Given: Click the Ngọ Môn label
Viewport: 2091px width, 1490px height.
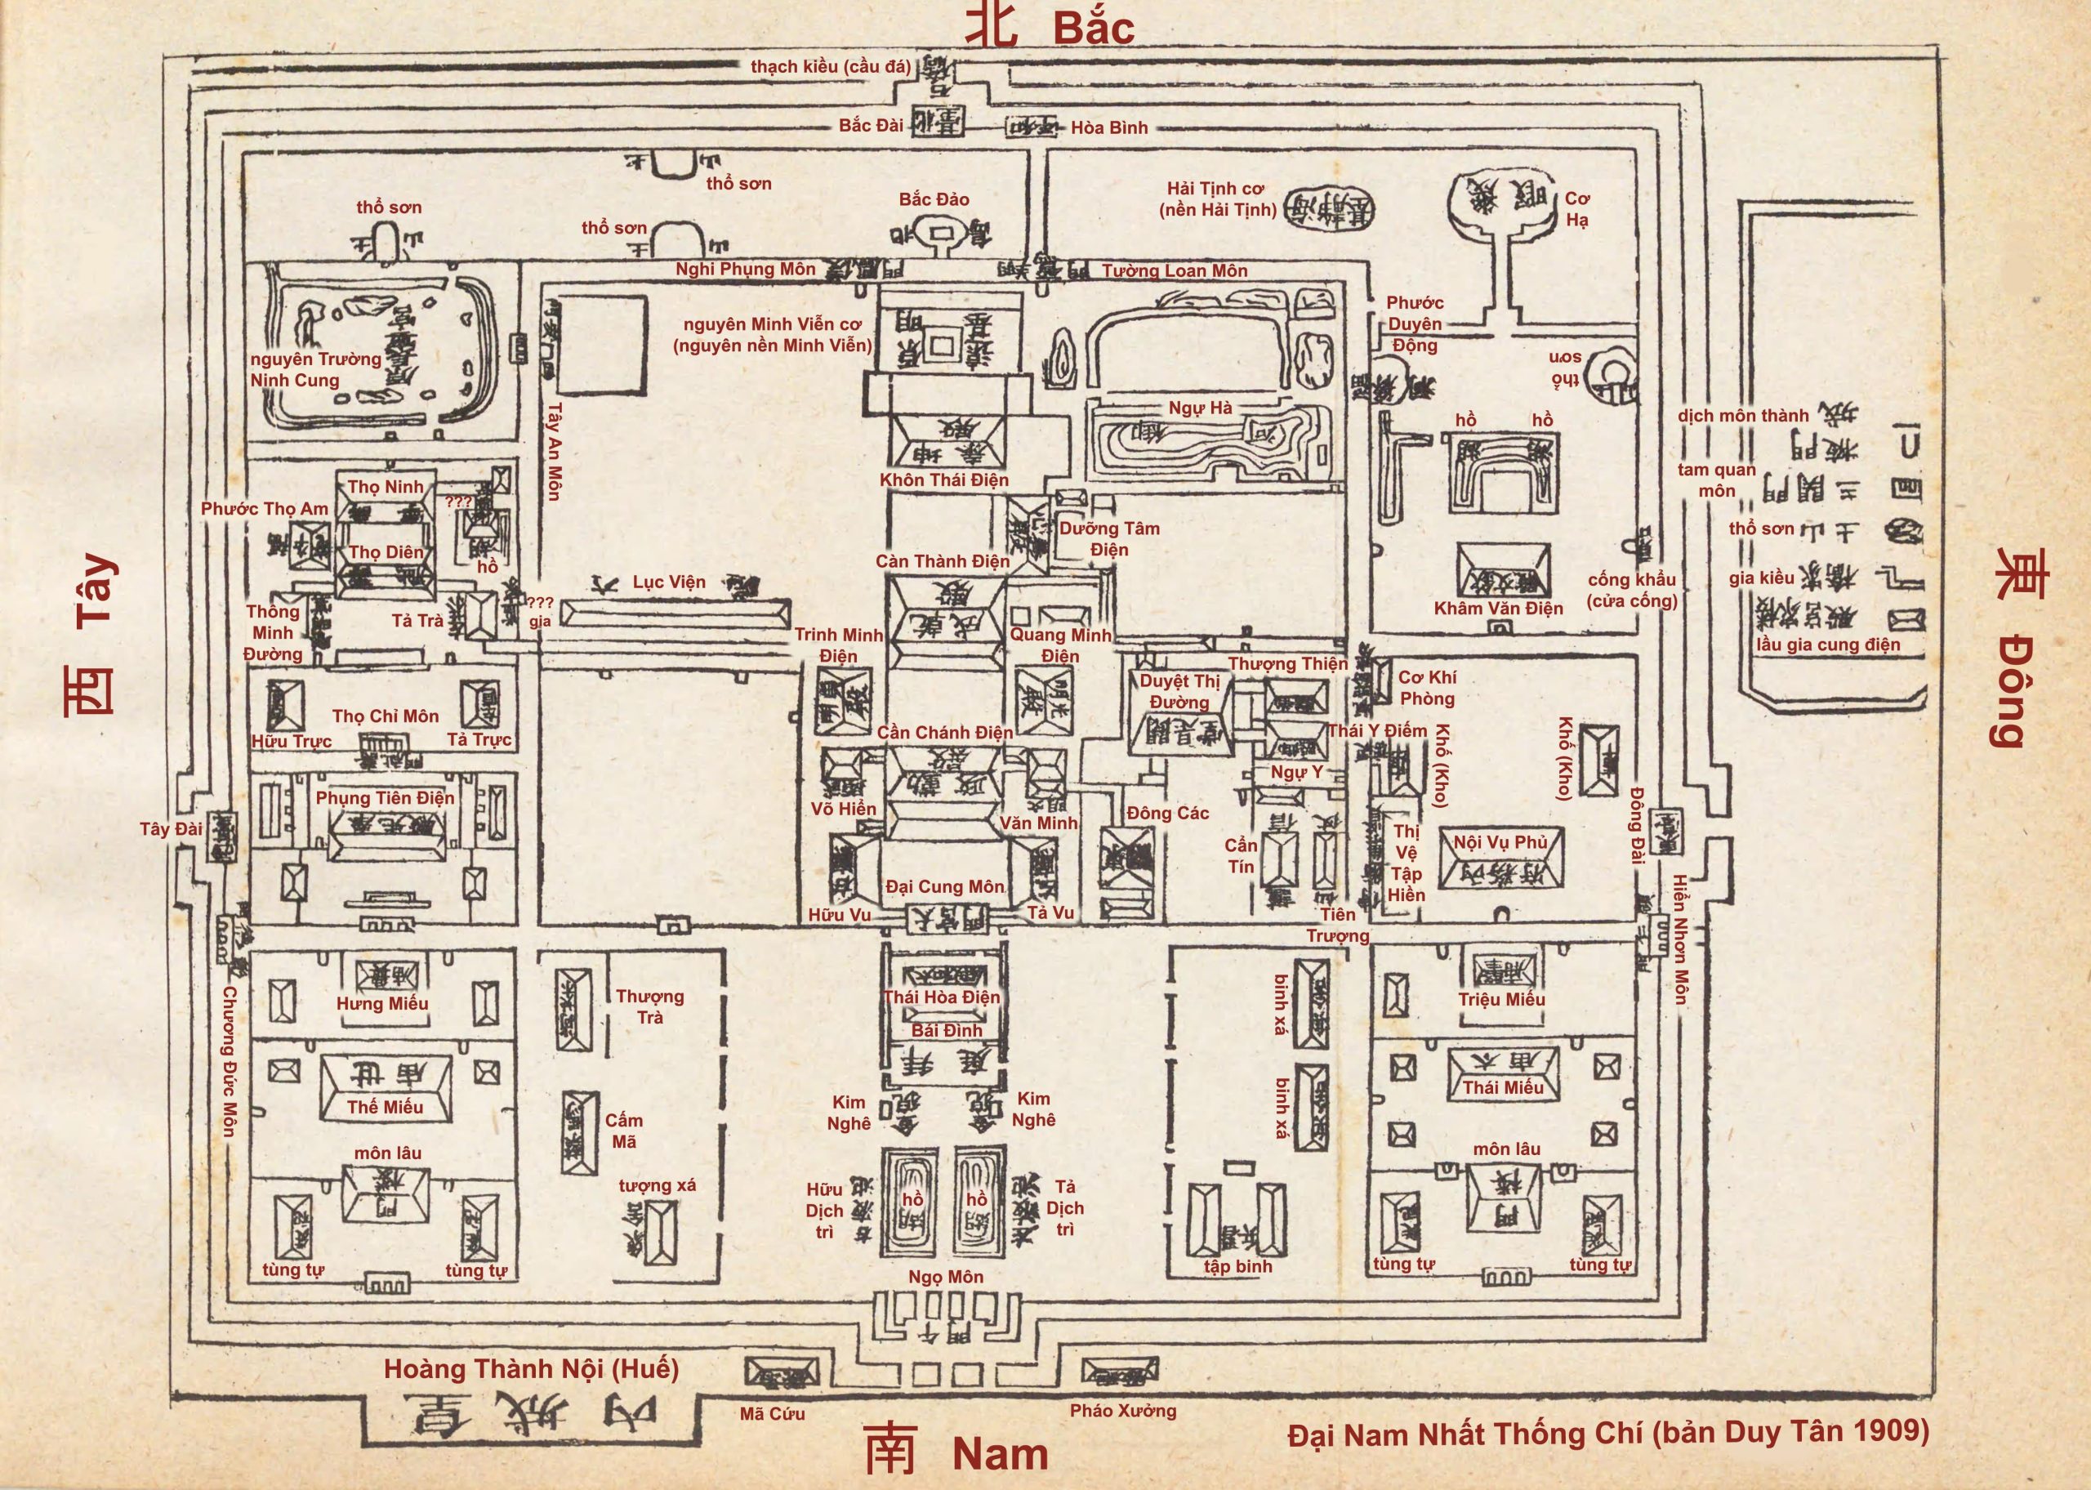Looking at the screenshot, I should coord(946,1276).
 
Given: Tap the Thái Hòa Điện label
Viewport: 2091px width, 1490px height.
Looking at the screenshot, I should coord(942,997).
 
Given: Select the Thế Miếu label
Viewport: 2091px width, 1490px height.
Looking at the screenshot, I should coord(386,1107).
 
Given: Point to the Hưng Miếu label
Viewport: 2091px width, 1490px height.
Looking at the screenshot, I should coord(382,1003).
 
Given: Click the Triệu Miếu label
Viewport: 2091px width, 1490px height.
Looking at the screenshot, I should coord(1501,999).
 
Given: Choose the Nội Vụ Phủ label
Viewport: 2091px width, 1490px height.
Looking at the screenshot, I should coord(1500,841).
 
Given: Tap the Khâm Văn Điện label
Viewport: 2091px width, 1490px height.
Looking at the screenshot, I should coord(1499,608).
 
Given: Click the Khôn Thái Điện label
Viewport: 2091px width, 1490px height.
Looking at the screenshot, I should coord(943,479).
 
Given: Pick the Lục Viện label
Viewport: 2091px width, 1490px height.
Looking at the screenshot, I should coord(669,582).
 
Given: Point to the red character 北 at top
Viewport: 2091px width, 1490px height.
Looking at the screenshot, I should coord(991,25).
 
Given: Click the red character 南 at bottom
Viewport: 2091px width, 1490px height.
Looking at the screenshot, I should coord(890,1451).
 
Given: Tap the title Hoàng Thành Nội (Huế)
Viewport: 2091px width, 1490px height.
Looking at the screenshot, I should coord(531,1369).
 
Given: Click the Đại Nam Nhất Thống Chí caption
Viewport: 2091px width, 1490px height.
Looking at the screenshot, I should coord(1607,1432).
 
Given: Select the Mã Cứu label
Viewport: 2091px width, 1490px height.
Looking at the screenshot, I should coord(772,1414).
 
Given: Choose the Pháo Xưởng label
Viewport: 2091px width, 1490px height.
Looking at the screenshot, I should coord(1122,1410).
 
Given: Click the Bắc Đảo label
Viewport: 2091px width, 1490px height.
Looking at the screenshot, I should coord(934,199).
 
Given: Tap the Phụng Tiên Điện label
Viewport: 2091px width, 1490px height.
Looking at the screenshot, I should coord(386,797).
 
